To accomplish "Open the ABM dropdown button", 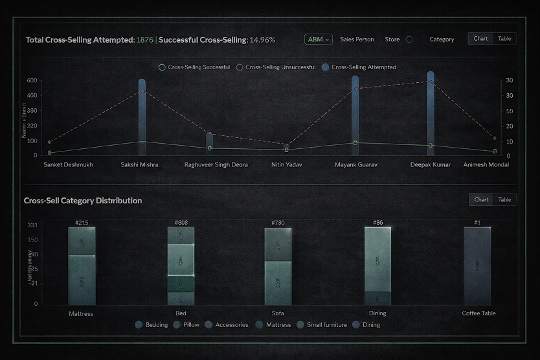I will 318,39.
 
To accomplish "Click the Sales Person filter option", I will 357,39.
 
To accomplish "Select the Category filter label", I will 442,39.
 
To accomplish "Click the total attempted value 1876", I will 145,40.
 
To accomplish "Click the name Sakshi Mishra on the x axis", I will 139,165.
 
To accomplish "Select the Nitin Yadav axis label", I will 287,165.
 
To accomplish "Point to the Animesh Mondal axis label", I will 486,165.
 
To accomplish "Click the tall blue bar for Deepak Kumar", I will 431,113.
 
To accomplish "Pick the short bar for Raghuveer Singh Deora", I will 210,144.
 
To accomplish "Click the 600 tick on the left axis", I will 32,81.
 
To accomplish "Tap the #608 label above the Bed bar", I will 181,223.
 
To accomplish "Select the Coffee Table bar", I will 477,265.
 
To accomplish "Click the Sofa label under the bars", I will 278,313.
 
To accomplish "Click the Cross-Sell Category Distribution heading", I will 83,201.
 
